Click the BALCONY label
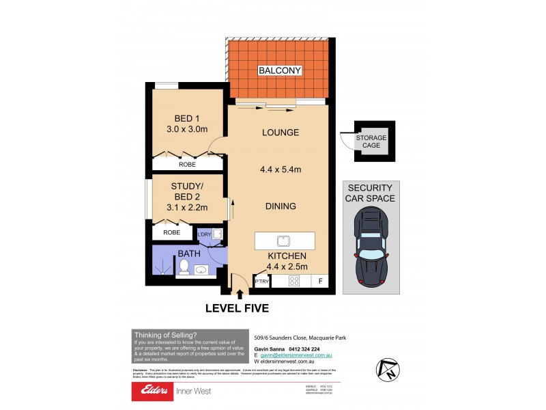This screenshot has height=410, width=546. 279,70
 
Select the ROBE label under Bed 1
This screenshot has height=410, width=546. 187,165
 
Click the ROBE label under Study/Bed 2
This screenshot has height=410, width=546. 171,232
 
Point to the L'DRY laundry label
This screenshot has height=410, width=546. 205,234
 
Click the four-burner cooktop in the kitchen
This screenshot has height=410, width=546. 295,281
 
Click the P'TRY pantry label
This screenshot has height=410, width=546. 261,282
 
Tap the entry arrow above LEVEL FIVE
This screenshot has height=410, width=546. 239,295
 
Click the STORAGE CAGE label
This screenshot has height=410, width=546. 371,141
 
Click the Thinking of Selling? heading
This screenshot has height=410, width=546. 165,334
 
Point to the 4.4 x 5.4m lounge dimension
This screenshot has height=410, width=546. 281,170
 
